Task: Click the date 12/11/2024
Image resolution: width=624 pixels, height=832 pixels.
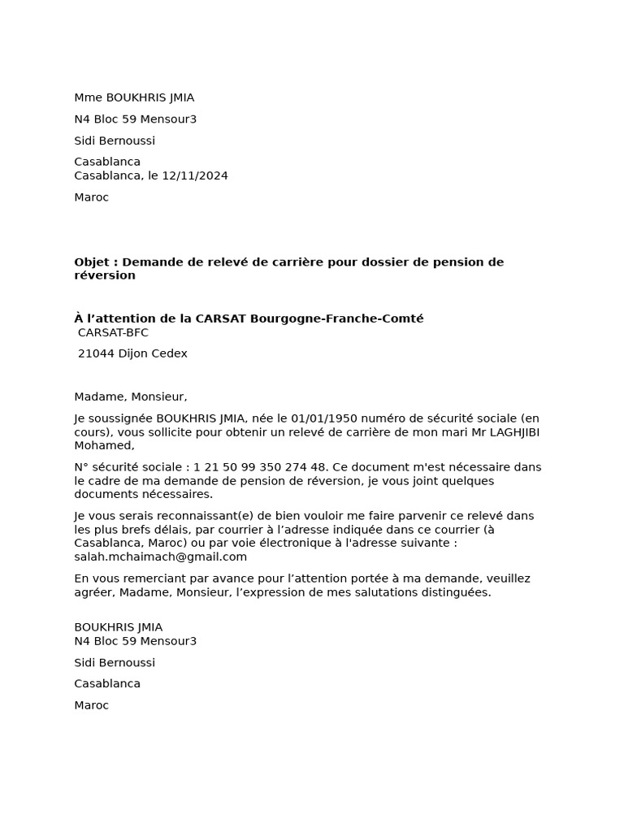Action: (195, 175)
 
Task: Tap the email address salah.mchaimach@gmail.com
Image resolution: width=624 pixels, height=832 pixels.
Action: (160, 557)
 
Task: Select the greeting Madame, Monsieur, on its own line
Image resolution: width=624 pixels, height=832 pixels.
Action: (130, 396)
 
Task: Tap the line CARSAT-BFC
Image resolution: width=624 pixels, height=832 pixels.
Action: (113, 332)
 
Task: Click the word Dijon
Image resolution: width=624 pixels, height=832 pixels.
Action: (135, 353)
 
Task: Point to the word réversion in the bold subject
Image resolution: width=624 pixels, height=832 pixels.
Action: (105, 275)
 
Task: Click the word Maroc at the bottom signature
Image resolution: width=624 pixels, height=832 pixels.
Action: (91, 705)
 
